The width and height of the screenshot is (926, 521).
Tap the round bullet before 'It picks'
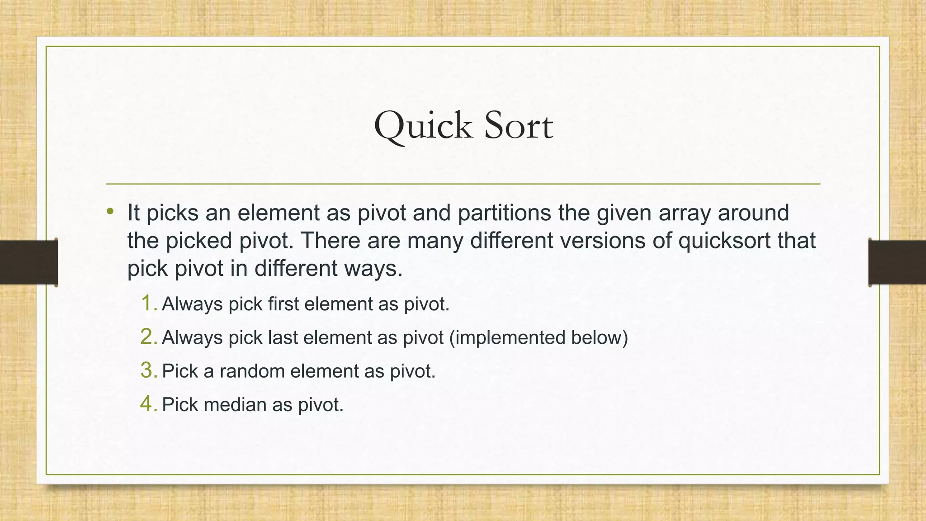pyautogui.click(x=110, y=211)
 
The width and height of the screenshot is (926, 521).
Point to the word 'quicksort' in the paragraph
pyautogui.click(x=724, y=241)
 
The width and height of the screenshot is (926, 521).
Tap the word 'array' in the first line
pyautogui.click(x=685, y=213)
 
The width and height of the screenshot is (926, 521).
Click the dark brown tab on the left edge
pyautogui.click(x=28, y=262)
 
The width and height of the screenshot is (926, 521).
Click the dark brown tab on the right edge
pyautogui.click(x=897, y=262)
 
